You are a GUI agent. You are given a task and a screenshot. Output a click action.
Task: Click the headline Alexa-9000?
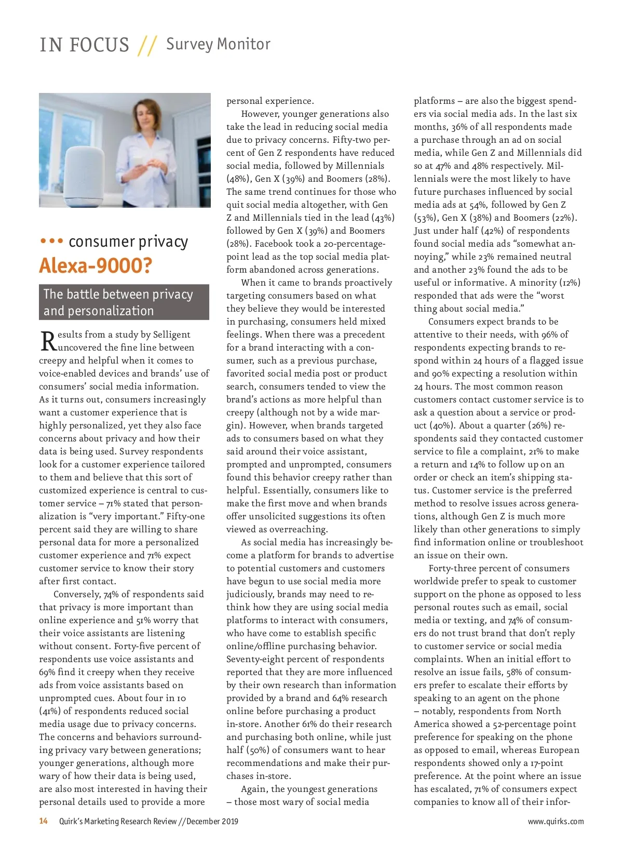click(x=96, y=266)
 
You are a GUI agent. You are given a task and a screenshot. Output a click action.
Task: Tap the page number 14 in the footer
click(x=44, y=821)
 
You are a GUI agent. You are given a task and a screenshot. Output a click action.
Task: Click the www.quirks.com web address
click(x=556, y=822)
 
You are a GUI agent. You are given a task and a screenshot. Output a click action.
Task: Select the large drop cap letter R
click(x=48, y=341)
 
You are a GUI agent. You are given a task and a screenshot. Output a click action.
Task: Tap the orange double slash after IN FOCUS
click(x=147, y=46)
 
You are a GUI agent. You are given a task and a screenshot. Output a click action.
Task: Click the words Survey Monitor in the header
click(x=218, y=44)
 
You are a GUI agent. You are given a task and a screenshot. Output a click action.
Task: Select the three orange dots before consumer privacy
click(x=51, y=241)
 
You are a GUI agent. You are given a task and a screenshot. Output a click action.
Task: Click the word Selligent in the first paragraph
click(x=170, y=334)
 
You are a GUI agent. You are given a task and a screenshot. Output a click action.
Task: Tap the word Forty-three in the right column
click(x=453, y=568)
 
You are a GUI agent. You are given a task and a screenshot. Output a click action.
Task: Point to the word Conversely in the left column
click(x=76, y=594)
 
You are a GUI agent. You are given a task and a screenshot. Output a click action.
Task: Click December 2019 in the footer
click(x=212, y=822)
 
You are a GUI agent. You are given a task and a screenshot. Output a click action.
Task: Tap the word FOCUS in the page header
click(x=99, y=45)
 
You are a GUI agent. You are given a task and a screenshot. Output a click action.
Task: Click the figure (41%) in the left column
click(x=50, y=711)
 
